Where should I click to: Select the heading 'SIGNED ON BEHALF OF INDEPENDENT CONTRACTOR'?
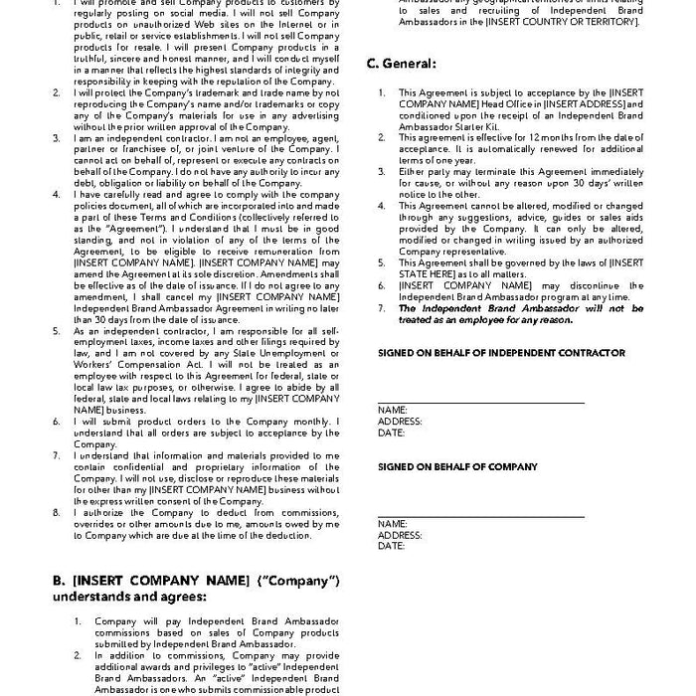[501, 353]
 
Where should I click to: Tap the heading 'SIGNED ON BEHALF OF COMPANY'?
[457, 466]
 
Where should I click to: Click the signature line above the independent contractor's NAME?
[480, 402]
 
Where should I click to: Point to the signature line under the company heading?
[480, 514]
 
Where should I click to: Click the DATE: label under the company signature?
[392, 546]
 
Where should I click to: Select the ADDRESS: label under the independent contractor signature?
[400, 422]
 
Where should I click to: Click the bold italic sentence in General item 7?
[520, 314]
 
